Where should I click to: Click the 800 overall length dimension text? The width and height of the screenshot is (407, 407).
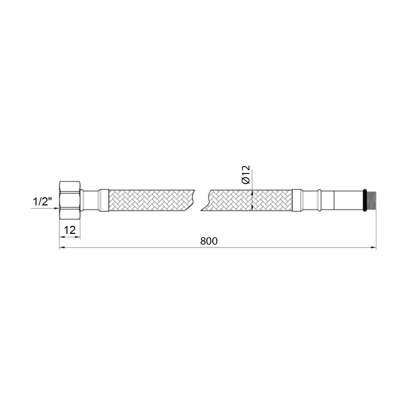(x=209, y=241)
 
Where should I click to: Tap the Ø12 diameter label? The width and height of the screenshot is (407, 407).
(x=246, y=175)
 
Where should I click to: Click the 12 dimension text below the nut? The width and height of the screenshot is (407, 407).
(x=70, y=230)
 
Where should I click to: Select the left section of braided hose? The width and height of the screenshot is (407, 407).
(x=151, y=200)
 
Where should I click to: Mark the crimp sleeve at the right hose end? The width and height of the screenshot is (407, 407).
(x=297, y=200)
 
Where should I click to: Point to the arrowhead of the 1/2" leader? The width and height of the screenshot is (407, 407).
(x=58, y=208)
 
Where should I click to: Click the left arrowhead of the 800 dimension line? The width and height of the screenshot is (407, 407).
(x=61, y=247)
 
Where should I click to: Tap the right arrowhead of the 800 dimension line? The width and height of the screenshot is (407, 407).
(x=374, y=247)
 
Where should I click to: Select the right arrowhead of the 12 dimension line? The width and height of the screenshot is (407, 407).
(x=79, y=237)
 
